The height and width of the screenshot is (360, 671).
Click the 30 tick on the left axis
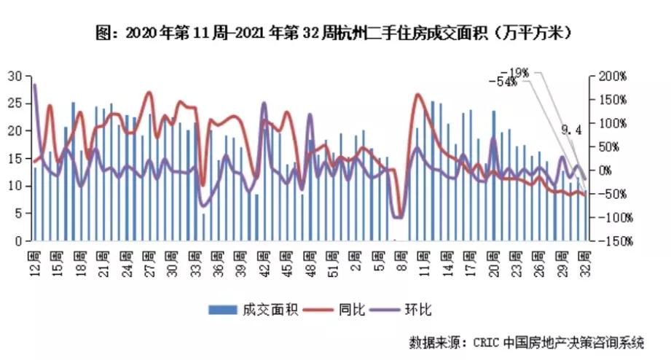coord(13,75)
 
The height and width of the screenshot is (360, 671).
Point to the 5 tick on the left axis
coord(16,213)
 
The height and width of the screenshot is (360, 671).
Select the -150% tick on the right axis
coord(610,241)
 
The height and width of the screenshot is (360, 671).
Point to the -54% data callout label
coord(503,82)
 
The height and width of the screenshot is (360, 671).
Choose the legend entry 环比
coord(419,310)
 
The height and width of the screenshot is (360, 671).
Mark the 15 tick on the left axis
coord(13,157)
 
